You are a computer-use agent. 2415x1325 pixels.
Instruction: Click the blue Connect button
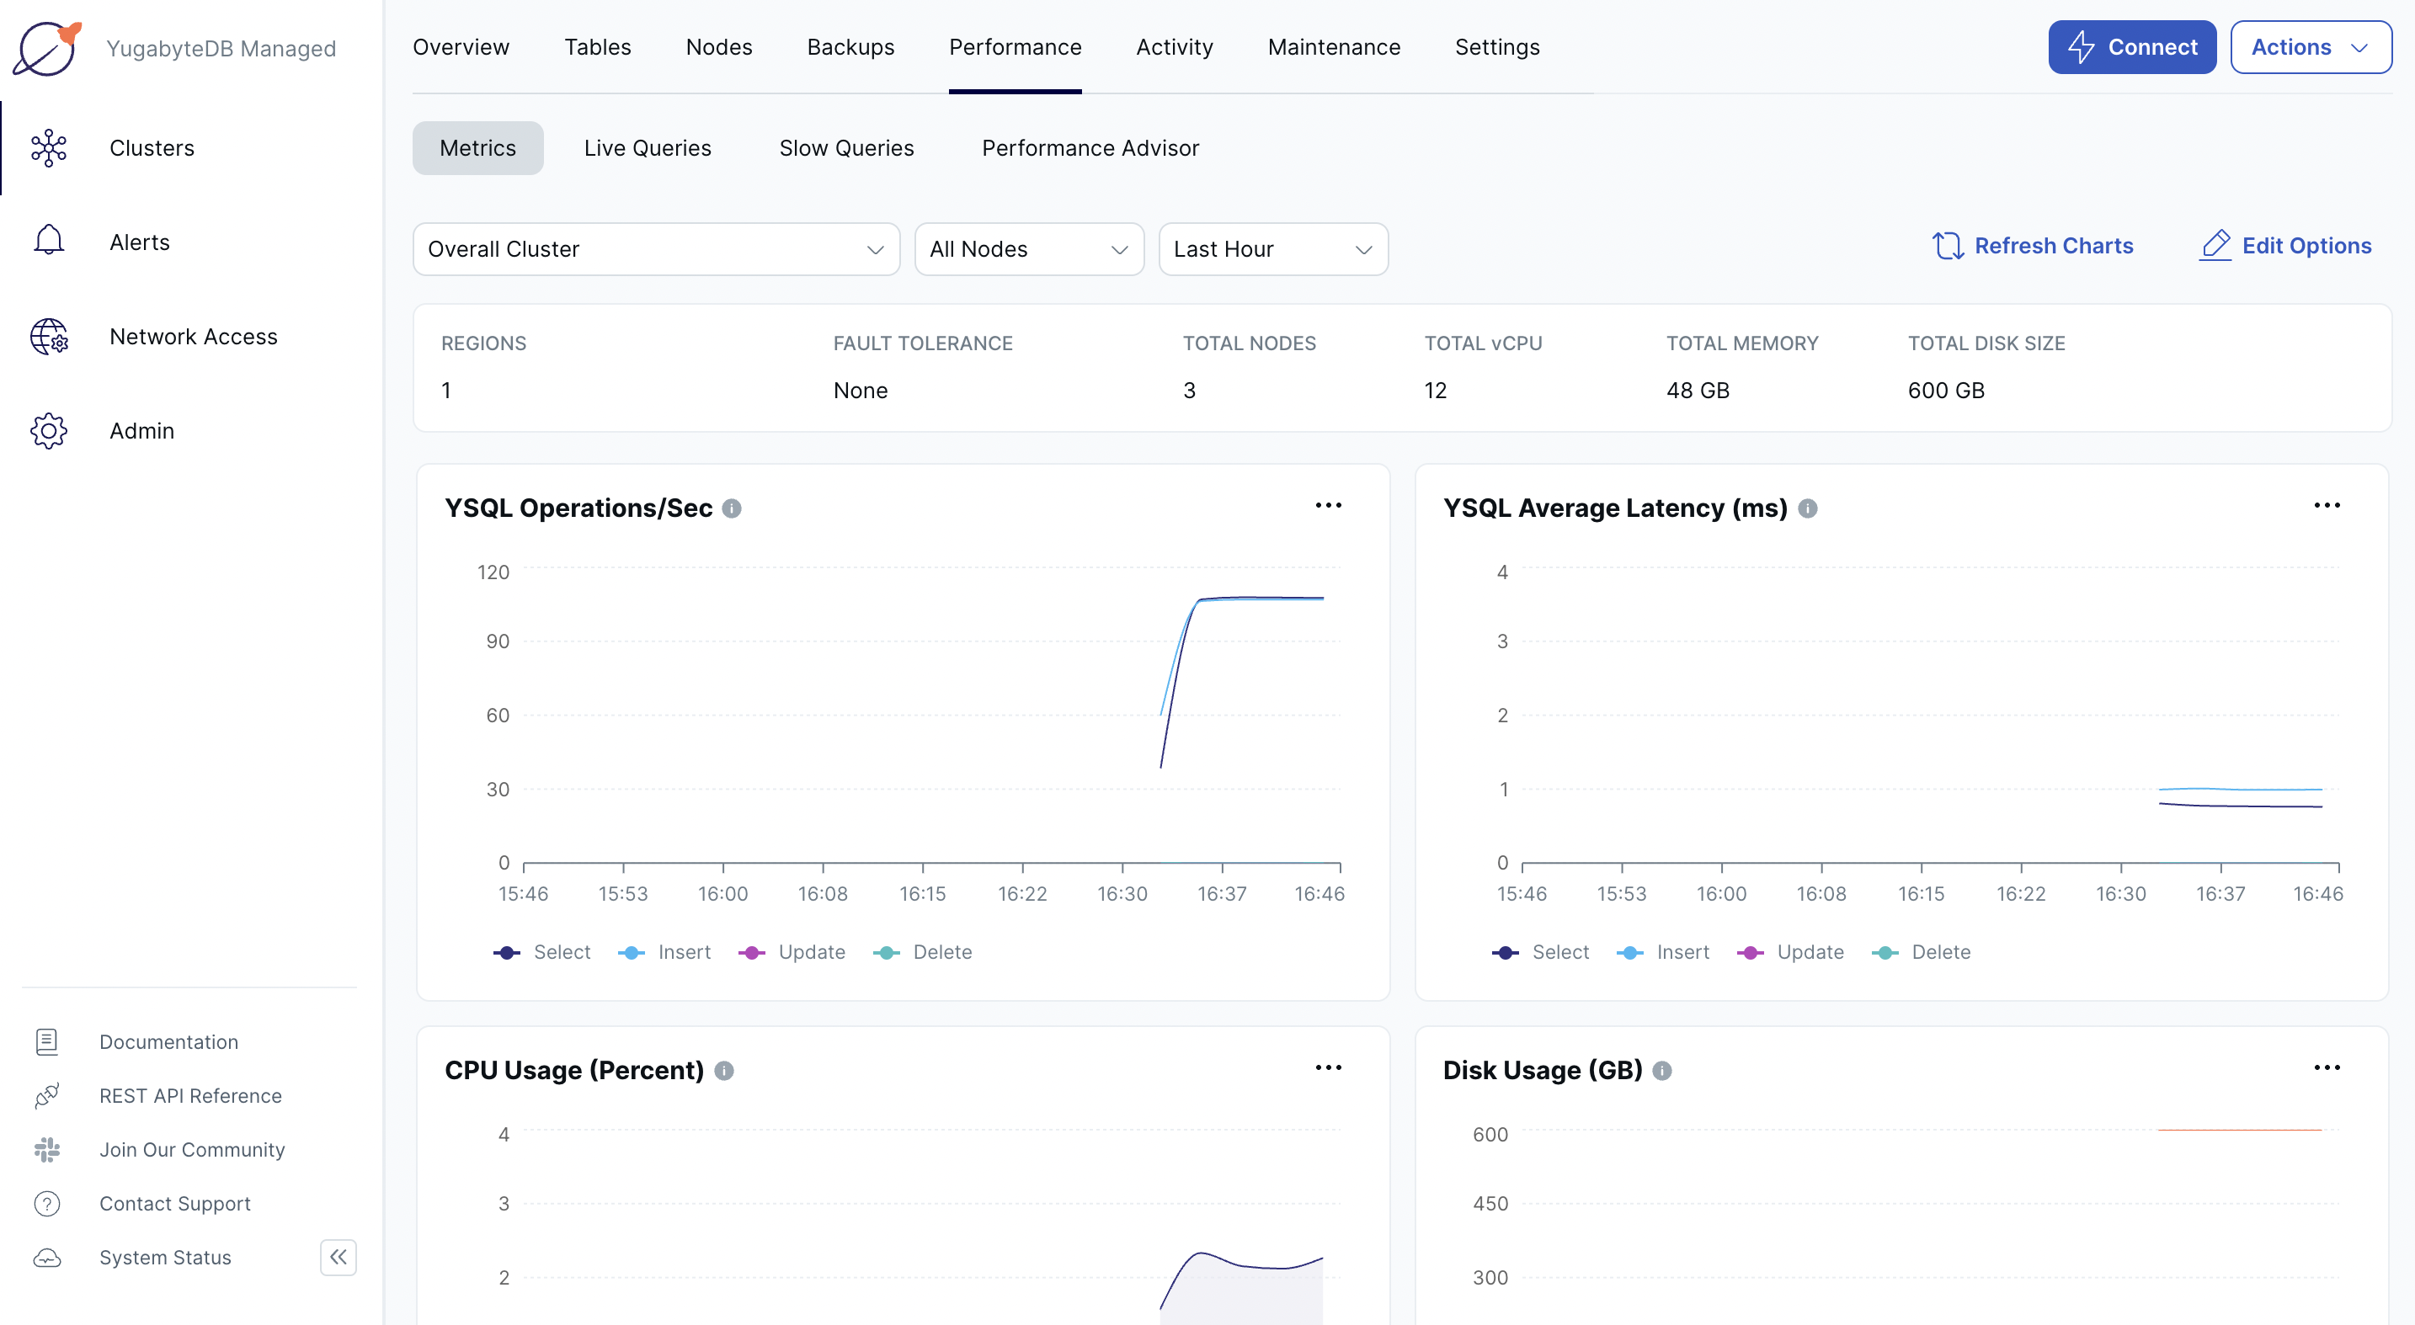pyautogui.click(x=2131, y=47)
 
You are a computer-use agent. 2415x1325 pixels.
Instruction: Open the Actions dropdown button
pyautogui.click(x=2309, y=47)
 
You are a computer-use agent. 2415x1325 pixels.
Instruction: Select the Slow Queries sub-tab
pyautogui.click(x=845, y=148)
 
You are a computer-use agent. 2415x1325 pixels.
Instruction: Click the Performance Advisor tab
pyautogui.click(x=1090, y=148)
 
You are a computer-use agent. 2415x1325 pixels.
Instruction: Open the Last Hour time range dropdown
pyautogui.click(x=1272, y=249)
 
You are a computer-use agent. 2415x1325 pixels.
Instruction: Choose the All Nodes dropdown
pyautogui.click(x=1028, y=249)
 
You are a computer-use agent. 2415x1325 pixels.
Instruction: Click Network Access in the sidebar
pyautogui.click(x=193, y=337)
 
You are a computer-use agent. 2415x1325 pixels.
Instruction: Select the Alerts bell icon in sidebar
pyautogui.click(x=49, y=242)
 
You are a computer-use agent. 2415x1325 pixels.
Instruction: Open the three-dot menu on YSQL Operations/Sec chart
pyautogui.click(x=1328, y=506)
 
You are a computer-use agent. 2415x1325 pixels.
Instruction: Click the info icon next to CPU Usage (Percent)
pyautogui.click(x=724, y=1070)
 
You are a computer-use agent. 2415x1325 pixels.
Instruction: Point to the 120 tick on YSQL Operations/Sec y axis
pyautogui.click(x=493, y=572)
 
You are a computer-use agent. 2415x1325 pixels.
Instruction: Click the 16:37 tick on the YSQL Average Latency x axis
pyautogui.click(x=2220, y=894)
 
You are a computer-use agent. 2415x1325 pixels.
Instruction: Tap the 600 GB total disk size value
pyautogui.click(x=1945, y=391)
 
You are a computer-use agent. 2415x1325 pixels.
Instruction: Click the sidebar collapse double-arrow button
pyautogui.click(x=339, y=1257)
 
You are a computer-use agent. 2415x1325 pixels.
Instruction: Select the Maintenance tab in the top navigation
pyautogui.click(x=1333, y=47)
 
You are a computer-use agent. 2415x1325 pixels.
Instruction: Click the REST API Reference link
pyautogui.click(x=190, y=1095)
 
